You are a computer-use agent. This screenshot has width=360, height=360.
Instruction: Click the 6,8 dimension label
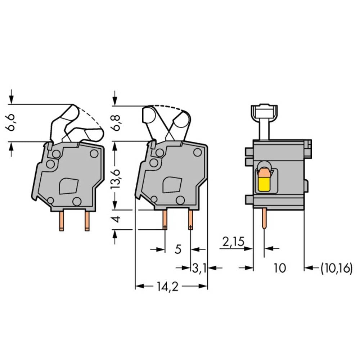click(x=116, y=123)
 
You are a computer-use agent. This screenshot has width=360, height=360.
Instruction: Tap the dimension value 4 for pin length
click(x=116, y=219)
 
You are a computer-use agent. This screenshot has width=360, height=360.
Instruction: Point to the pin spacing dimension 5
click(x=178, y=249)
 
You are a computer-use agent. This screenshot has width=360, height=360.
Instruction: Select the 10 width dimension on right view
click(x=279, y=268)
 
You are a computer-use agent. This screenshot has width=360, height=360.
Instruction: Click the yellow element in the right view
click(x=265, y=185)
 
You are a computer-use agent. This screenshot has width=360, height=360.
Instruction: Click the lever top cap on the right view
click(x=264, y=108)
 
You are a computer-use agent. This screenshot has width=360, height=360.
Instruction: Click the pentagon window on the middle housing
click(x=172, y=185)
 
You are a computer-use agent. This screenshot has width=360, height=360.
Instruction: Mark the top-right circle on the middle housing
click(x=197, y=152)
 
